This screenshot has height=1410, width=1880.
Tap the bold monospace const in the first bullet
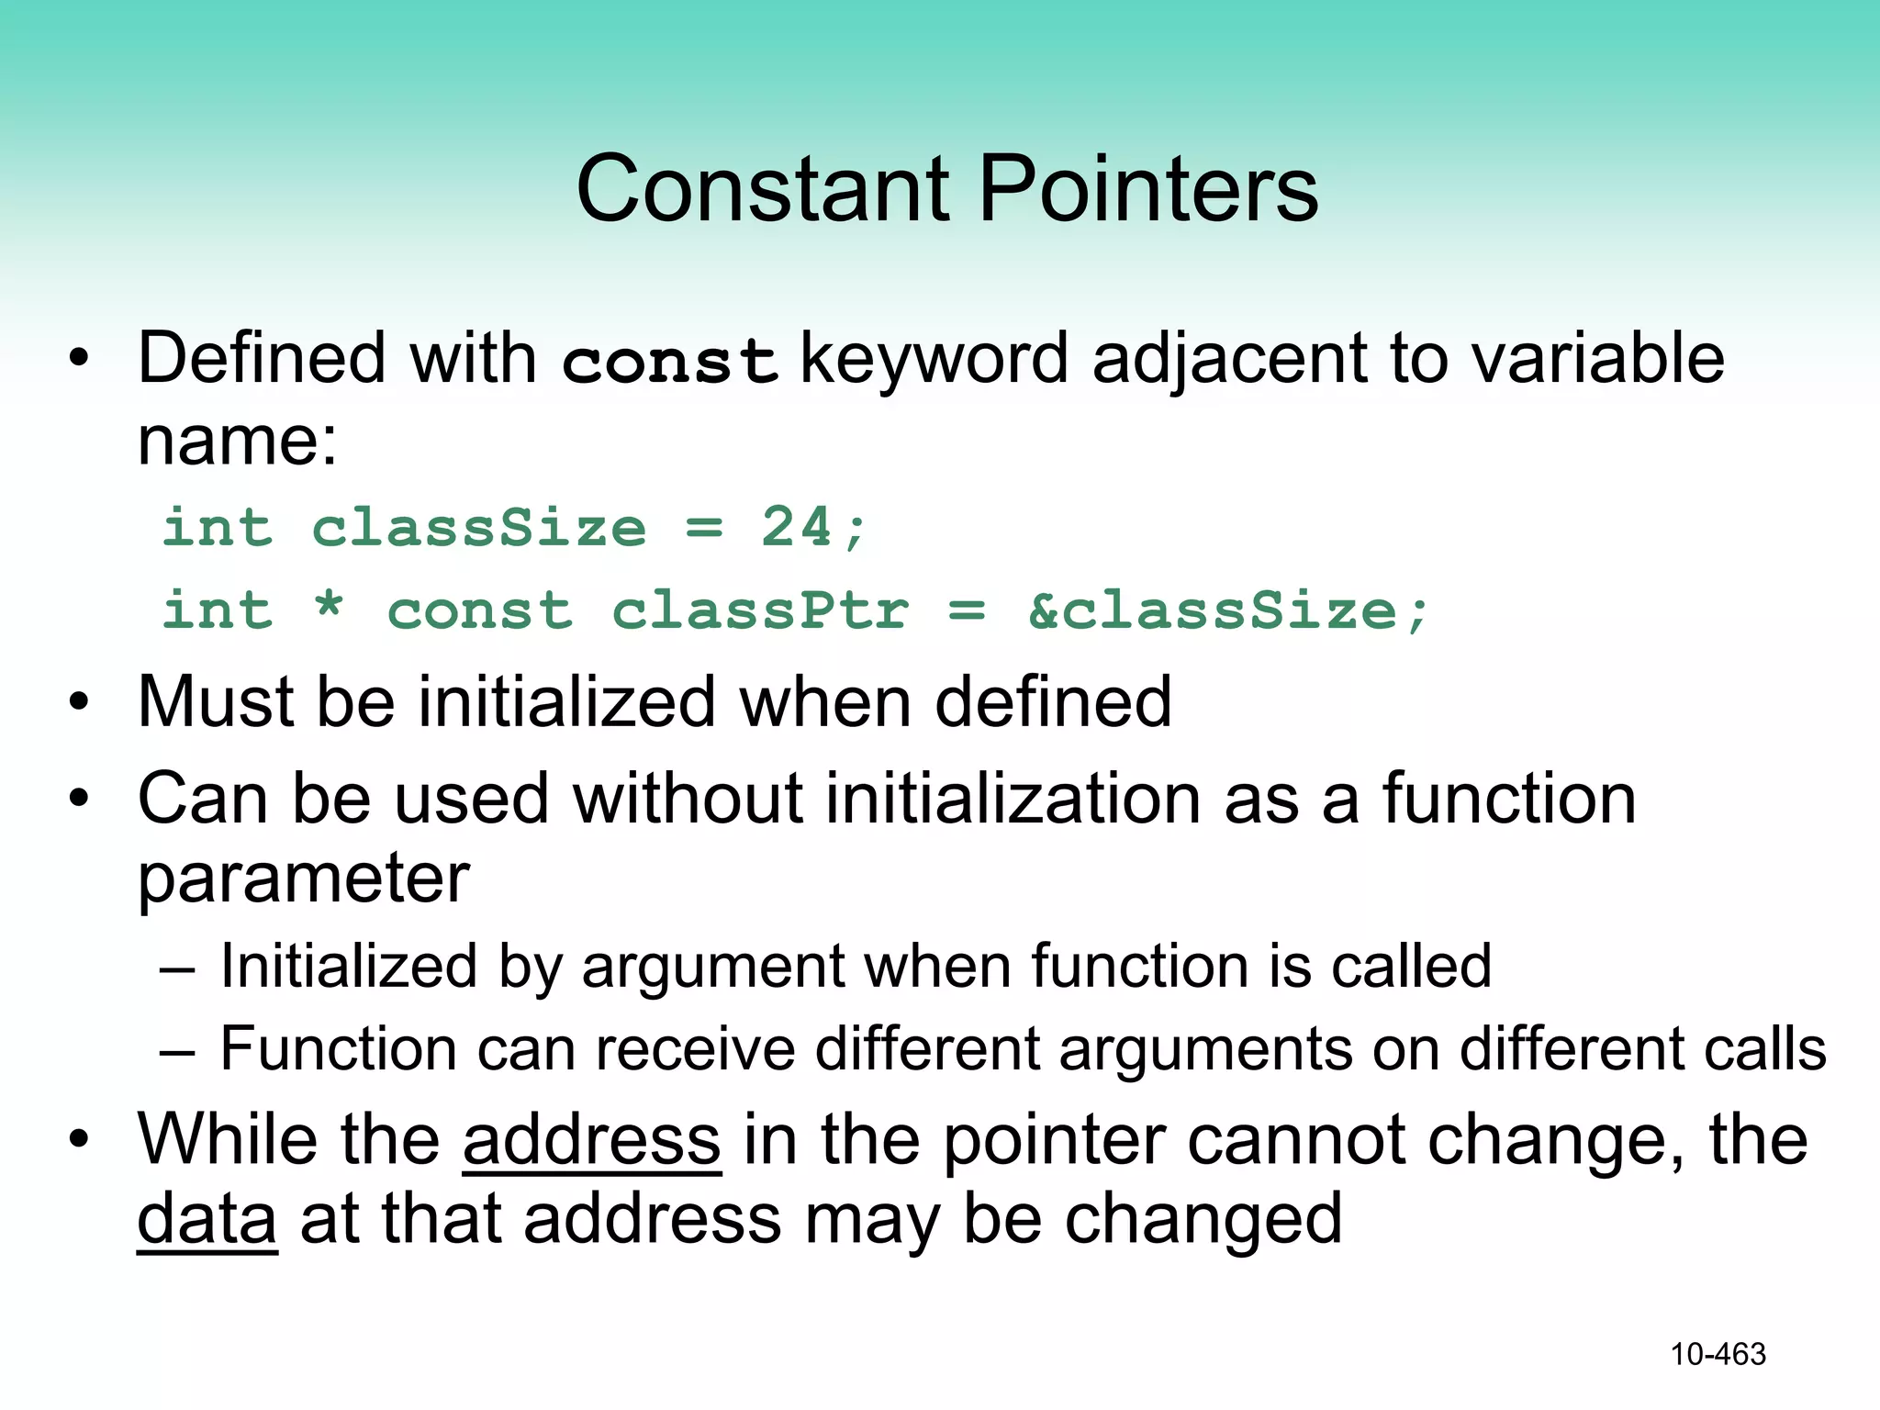click(669, 361)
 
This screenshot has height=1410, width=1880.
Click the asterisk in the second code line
click(329, 608)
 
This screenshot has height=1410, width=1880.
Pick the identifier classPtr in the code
click(760, 611)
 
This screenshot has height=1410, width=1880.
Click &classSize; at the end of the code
click(1228, 611)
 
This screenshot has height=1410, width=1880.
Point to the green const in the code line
click(479, 611)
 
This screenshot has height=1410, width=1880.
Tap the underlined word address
click(591, 1139)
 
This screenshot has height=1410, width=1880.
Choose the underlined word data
click(207, 1219)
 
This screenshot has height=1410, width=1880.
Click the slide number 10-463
click(1718, 1354)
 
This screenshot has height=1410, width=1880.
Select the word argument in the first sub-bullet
click(712, 967)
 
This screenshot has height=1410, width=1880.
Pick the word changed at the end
click(1203, 1219)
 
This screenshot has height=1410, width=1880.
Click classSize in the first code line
click(479, 528)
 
